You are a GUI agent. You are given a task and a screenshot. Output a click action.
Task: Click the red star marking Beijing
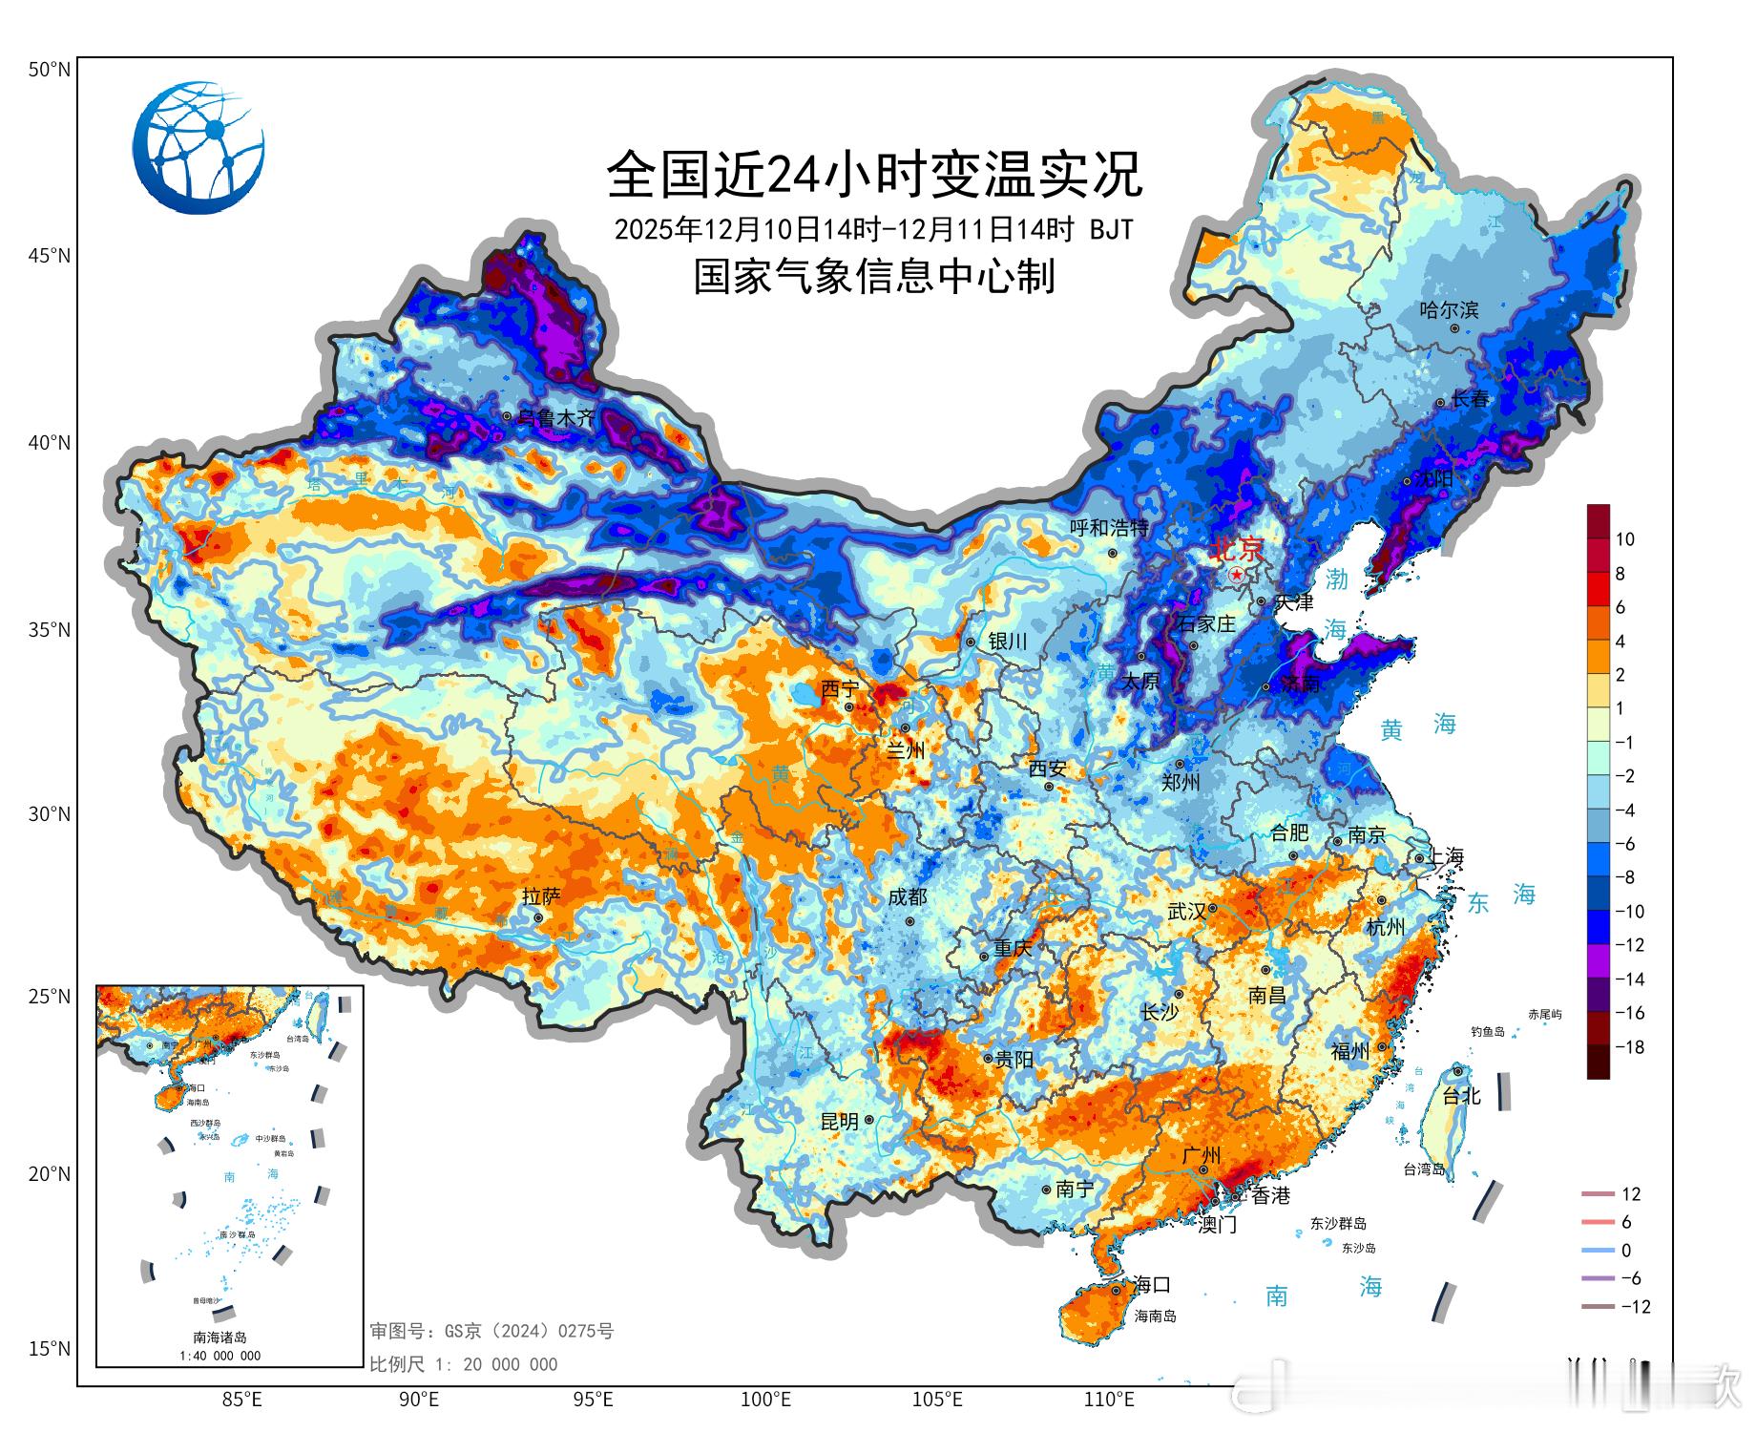[1237, 575]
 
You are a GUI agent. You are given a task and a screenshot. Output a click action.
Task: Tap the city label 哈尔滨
[1449, 309]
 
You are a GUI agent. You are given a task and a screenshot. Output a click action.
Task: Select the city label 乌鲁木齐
[556, 417]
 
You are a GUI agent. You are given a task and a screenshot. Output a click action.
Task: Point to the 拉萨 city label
[541, 896]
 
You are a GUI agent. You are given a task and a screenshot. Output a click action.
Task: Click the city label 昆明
[840, 1122]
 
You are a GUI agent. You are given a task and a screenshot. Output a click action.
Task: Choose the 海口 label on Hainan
[1150, 1284]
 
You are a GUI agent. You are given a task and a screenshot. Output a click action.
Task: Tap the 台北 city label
[1461, 1096]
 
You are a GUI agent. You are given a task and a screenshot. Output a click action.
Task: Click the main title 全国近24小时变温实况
[874, 175]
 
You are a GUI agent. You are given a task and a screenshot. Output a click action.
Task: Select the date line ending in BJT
[874, 229]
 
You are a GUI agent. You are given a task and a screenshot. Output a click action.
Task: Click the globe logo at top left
[199, 147]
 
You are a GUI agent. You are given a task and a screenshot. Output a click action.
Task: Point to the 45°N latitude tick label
[49, 256]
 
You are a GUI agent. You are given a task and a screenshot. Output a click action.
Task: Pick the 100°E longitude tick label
[766, 1400]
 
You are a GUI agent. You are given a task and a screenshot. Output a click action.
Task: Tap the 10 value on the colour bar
[1624, 539]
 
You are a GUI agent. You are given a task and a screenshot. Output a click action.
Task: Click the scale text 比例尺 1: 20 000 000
[464, 1364]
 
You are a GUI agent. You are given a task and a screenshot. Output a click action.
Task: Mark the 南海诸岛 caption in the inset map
[219, 1337]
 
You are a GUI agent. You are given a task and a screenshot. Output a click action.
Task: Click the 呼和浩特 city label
[1108, 528]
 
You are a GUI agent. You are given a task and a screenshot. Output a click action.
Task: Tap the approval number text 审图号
[491, 1331]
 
